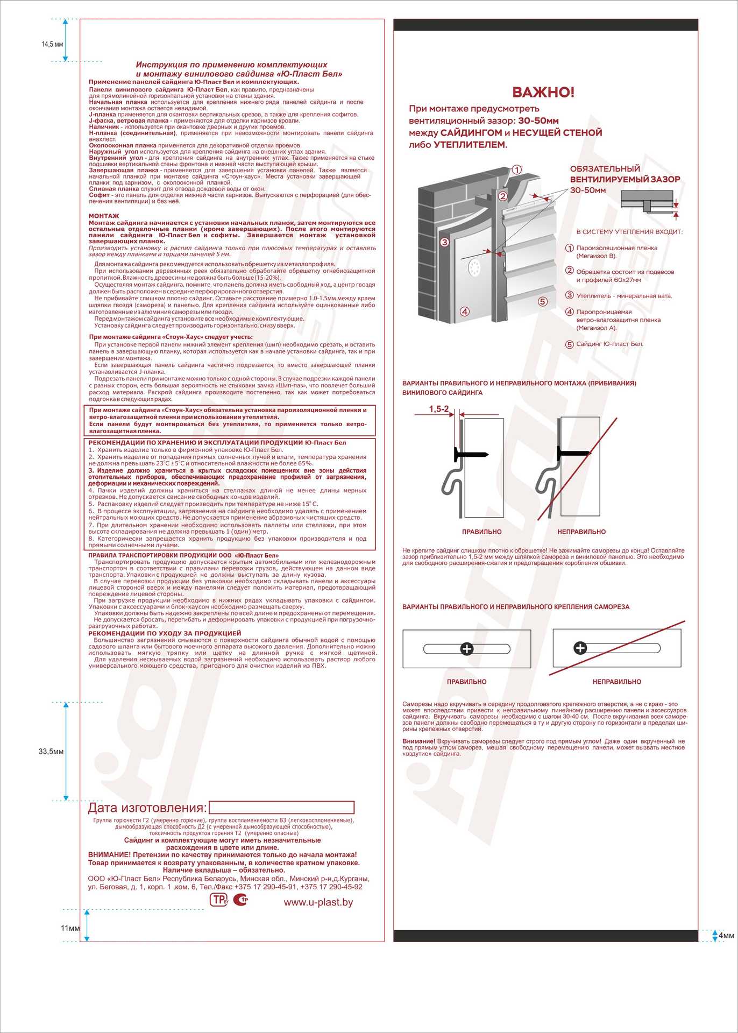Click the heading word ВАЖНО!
pyautogui.click(x=543, y=92)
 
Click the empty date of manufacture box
pyautogui.click(x=281, y=808)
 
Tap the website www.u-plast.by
pyautogui.click(x=318, y=902)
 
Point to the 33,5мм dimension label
pyautogui.click(x=51, y=752)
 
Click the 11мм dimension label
pyautogui.click(x=70, y=928)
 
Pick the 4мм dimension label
pyautogui.click(x=726, y=936)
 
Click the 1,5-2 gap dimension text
pyautogui.click(x=439, y=409)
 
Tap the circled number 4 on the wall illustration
pyautogui.click(x=465, y=311)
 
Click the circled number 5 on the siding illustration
pyautogui.click(x=542, y=301)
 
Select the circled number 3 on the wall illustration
pyautogui.click(x=444, y=242)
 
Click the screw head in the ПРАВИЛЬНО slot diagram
pyautogui.click(x=467, y=649)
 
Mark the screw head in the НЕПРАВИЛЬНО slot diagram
pyautogui.click(x=580, y=648)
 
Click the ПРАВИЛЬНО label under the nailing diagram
pyautogui.click(x=481, y=532)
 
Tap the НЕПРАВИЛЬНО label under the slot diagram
pyautogui.click(x=616, y=682)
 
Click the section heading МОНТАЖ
pyautogui.click(x=104, y=216)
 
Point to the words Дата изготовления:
pyautogui.click(x=147, y=808)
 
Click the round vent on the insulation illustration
pyautogui.click(x=474, y=267)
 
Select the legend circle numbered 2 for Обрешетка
pyautogui.click(x=570, y=271)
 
